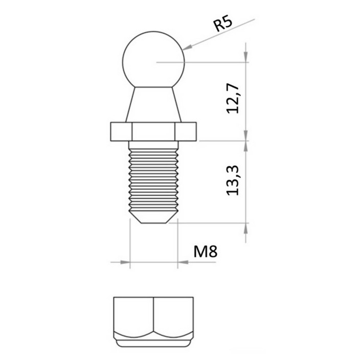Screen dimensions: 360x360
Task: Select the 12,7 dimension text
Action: click(x=233, y=99)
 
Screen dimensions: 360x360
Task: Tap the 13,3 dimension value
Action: click(x=233, y=181)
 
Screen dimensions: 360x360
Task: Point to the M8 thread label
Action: click(x=205, y=252)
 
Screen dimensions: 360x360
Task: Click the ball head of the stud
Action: click(x=153, y=59)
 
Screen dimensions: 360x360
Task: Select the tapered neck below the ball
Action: click(x=153, y=105)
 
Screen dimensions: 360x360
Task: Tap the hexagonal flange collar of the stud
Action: click(x=153, y=131)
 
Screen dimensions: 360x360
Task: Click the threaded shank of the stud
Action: click(x=153, y=179)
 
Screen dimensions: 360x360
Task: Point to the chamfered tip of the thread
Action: click(x=153, y=217)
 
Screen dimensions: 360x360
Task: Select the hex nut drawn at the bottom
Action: click(x=153, y=322)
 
